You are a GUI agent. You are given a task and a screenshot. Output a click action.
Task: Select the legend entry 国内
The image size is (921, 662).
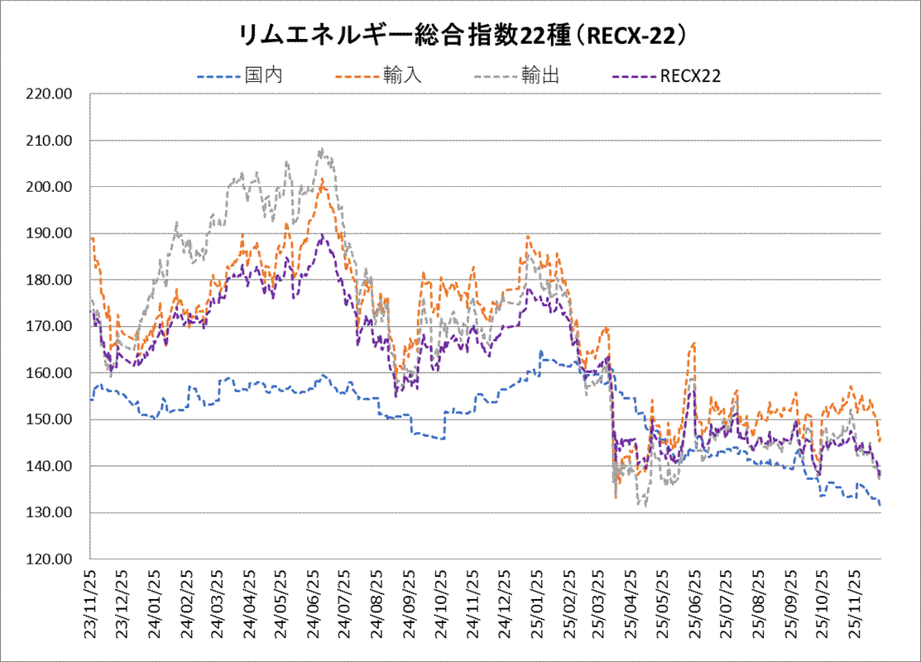[264, 76]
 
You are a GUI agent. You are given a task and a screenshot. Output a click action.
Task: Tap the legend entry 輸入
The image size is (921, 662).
[402, 76]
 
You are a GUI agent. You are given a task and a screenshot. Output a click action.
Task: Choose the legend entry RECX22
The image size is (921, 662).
[690, 76]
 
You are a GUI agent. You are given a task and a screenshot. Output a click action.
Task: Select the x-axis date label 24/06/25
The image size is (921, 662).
[313, 602]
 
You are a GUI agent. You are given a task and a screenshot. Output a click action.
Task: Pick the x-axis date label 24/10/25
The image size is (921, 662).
[439, 602]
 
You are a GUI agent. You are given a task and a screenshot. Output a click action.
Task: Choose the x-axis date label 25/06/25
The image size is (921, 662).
[693, 602]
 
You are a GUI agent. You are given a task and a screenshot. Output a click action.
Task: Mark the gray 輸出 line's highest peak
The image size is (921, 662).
[321, 150]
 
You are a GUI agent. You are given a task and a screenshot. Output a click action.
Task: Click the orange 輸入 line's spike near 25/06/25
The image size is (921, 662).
[693, 343]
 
